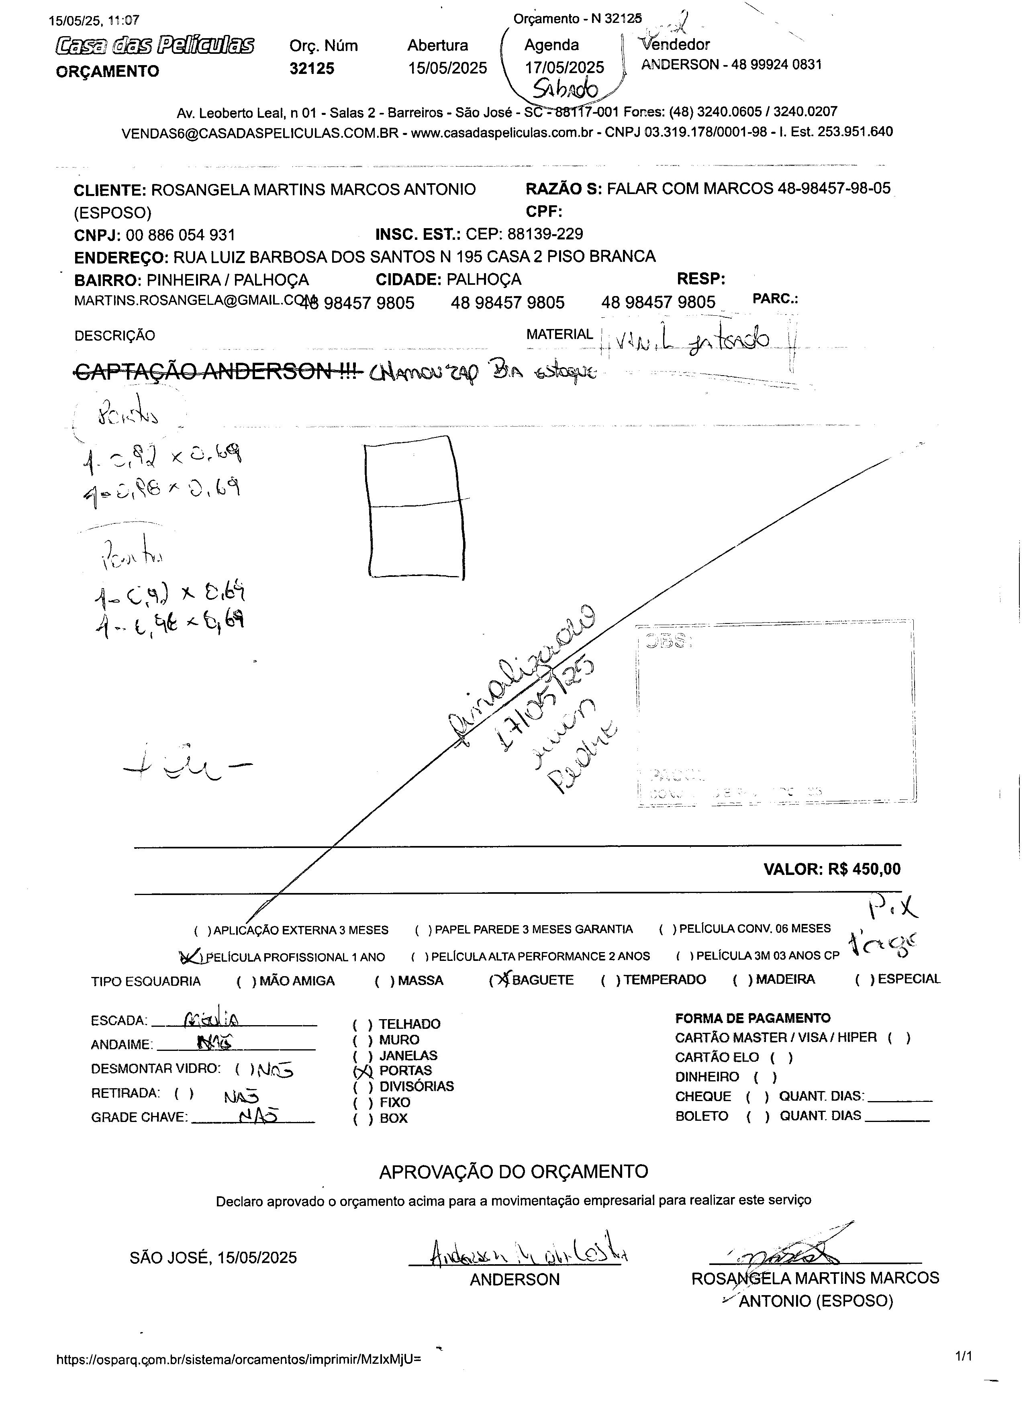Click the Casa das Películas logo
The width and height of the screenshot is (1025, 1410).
[154, 45]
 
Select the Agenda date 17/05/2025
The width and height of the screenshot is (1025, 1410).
[564, 67]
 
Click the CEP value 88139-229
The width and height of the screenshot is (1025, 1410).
[545, 234]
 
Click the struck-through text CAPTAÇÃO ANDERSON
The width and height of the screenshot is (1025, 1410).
[218, 371]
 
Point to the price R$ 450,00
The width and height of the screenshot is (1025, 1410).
[864, 869]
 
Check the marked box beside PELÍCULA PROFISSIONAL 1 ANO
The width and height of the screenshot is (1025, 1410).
[190, 956]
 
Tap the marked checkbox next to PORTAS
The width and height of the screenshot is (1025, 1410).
[362, 1071]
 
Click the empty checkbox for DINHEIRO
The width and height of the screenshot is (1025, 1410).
[765, 1077]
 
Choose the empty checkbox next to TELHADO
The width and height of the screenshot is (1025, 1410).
[362, 1024]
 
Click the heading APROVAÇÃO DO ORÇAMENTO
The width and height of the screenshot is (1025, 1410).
[513, 1171]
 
